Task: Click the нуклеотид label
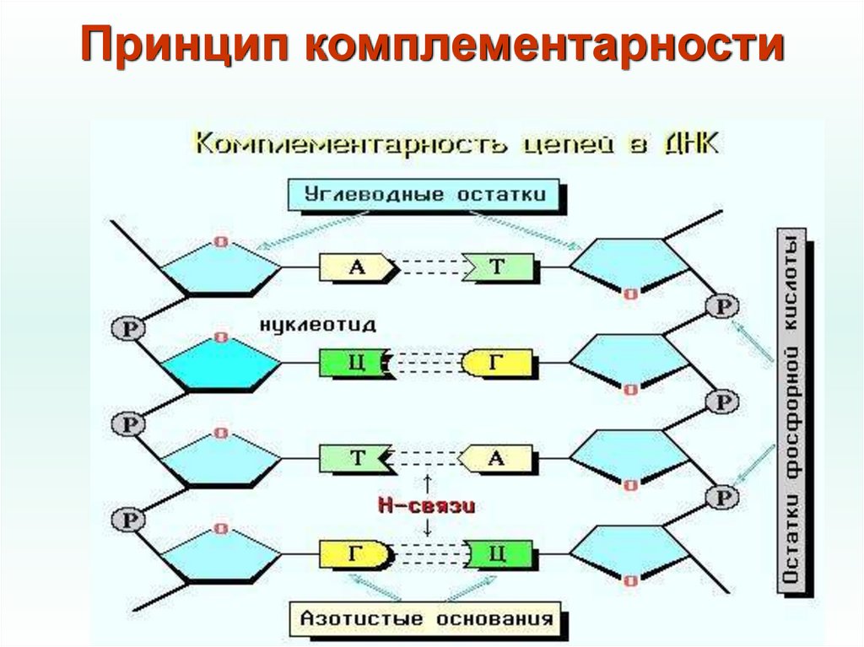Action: pyautogui.click(x=318, y=324)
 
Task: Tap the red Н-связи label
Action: pyautogui.click(x=426, y=506)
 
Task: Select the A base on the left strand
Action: pyautogui.click(x=357, y=267)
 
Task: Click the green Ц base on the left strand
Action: pyautogui.click(x=353, y=364)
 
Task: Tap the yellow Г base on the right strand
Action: pyautogui.click(x=498, y=364)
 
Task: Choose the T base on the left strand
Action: pyautogui.click(x=354, y=459)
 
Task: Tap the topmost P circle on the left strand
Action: pyautogui.click(x=127, y=328)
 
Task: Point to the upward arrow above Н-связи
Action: pyautogui.click(x=427, y=483)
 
